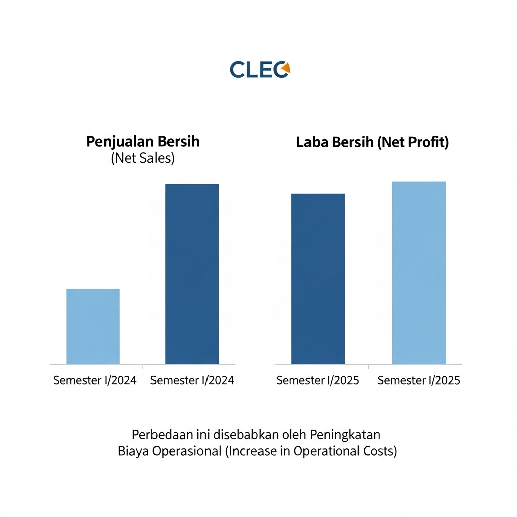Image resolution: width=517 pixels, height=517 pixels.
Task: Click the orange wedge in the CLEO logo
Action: point(286,67)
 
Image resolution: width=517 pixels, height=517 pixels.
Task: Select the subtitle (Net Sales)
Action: point(142,158)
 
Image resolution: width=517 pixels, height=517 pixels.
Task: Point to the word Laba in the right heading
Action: point(312,142)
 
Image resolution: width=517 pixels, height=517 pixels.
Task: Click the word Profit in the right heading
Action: point(427,142)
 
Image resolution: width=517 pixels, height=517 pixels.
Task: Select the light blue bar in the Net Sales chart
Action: point(93,326)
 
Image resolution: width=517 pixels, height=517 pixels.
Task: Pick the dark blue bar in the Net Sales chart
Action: point(192,274)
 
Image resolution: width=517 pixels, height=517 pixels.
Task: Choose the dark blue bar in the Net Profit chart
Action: point(318,279)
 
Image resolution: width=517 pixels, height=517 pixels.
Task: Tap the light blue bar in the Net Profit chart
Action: point(419,273)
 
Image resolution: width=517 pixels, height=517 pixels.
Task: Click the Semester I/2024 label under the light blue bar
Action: point(95,380)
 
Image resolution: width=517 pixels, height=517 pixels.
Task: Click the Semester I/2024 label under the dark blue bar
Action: point(192,380)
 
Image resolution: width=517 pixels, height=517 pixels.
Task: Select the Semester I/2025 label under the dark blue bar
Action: point(318,380)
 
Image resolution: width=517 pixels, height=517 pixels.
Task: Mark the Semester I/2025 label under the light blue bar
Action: point(419,380)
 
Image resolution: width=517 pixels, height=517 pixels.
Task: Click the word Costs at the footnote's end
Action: point(380,451)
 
